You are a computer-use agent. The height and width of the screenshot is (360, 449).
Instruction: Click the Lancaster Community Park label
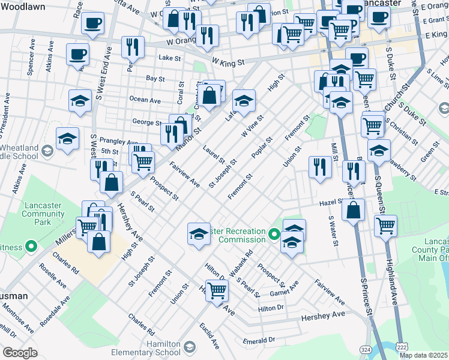tap(42, 214)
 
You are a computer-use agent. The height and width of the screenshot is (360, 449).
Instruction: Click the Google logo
tap(20, 353)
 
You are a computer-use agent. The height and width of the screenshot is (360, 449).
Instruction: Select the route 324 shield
tap(365, 349)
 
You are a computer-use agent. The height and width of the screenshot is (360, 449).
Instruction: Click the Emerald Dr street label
tap(259, 340)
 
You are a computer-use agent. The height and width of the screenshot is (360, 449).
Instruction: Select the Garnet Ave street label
tap(284, 287)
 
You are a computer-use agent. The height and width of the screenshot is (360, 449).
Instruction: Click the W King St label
tap(228, 61)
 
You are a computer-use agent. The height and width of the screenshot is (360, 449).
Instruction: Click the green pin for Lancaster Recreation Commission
tap(275, 233)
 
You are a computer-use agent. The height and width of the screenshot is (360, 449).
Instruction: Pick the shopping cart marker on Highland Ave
tap(385, 225)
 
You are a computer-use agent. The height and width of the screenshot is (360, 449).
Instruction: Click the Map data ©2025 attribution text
tap(423, 355)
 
